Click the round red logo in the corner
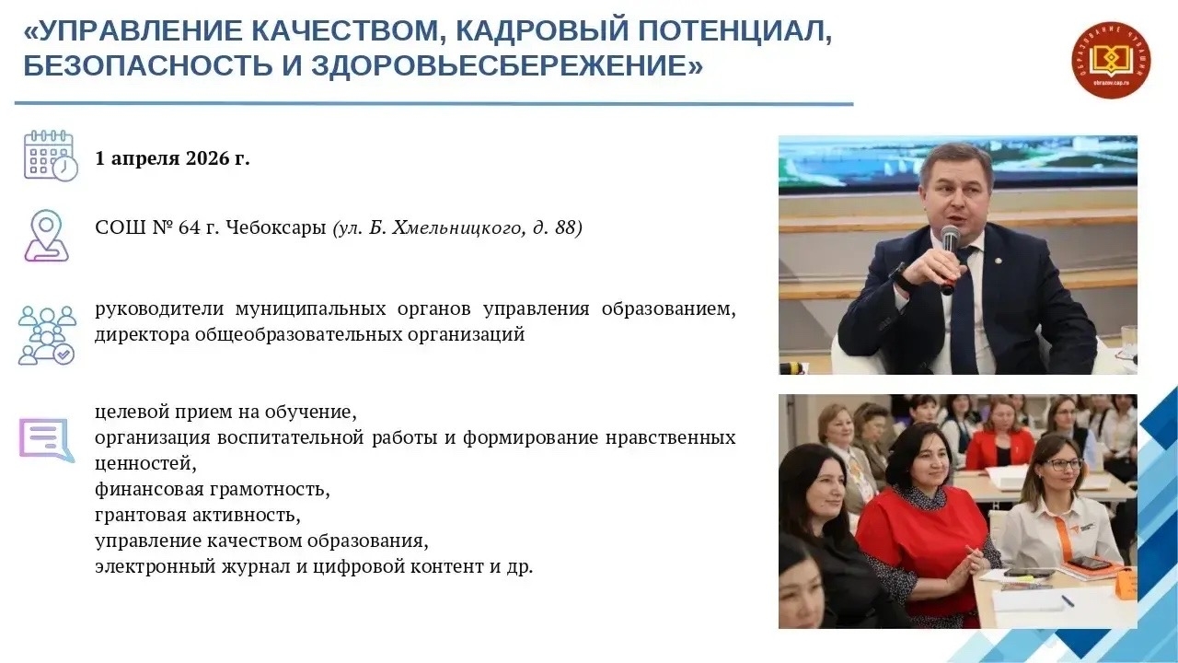coord(1111,60)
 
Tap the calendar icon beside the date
coord(51,156)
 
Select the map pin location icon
coord(47,235)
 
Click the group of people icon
coord(47,335)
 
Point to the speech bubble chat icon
coord(47,440)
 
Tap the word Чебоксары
coord(275,228)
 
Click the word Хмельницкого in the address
coord(457,228)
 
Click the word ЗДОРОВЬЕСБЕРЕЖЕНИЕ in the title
coord(498,66)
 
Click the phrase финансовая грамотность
coord(213,489)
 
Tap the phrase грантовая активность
coord(198,515)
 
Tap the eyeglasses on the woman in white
coord(1063,465)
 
